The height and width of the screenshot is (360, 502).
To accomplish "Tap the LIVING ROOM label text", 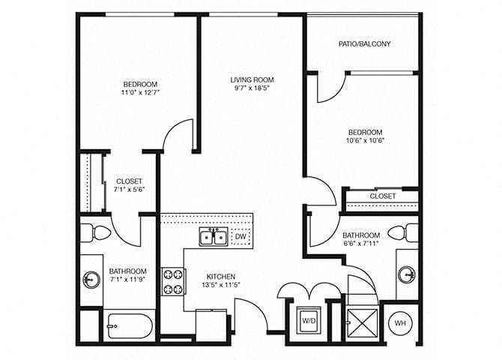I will coord(252,79).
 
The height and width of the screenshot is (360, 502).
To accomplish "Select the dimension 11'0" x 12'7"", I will coord(140,93).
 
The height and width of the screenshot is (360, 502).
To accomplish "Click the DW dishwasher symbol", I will coord(241,237).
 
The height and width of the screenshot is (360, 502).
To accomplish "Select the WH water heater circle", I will coord(400,323).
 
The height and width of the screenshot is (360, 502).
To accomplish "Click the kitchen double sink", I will coord(214,238).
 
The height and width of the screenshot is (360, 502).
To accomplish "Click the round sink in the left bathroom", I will coord(91,280).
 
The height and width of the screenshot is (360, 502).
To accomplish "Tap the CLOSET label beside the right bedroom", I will coord(383,196).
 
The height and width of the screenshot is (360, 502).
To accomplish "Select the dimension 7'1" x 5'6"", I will coord(130,190).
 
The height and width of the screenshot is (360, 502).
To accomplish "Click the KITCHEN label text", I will coord(220,276).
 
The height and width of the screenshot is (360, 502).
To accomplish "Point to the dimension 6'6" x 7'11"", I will coord(362,244).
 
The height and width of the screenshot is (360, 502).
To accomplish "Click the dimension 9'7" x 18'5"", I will coord(252,88).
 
